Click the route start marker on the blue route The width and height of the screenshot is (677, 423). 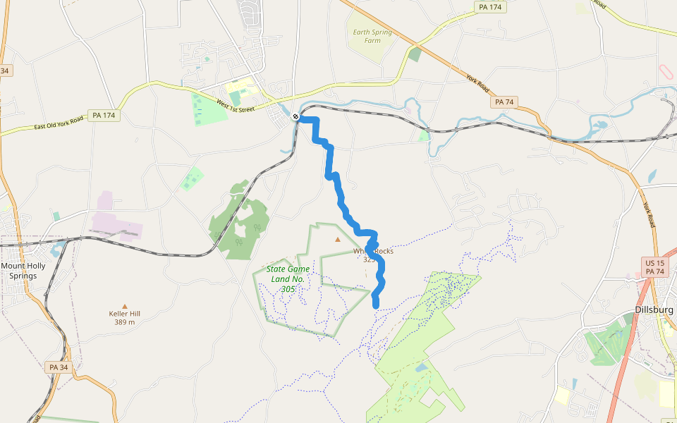click(x=296, y=117)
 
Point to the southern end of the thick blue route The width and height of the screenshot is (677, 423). click(x=376, y=305)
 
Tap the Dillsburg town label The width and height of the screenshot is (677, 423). click(x=654, y=310)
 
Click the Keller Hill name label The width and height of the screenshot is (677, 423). click(x=125, y=314)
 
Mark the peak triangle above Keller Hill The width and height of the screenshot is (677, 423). click(x=126, y=305)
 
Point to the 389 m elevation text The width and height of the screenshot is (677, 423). click(x=125, y=322)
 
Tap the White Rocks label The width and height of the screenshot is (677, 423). click(x=374, y=251)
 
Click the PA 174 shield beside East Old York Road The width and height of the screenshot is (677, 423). click(x=104, y=115)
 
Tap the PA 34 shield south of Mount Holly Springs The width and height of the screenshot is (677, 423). click(x=59, y=367)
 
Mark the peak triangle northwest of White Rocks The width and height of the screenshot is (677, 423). click(x=338, y=240)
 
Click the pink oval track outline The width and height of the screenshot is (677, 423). click(x=666, y=71)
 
